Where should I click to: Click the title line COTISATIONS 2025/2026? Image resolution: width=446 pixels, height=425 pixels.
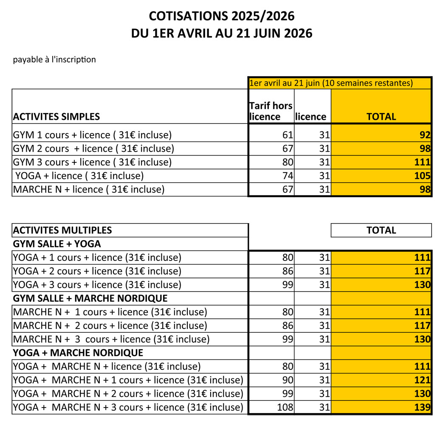(x=222, y=16)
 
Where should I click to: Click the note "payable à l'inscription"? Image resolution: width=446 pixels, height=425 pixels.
(x=54, y=59)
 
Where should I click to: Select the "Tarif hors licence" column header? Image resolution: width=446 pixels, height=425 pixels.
(x=271, y=111)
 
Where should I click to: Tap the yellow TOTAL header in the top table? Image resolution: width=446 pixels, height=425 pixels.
(x=381, y=116)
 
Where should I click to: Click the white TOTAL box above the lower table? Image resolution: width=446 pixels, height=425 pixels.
(x=381, y=230)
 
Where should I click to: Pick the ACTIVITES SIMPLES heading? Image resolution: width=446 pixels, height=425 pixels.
(x=56, y=116)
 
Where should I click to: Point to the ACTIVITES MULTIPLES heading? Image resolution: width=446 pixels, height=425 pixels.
(x=62, y=230)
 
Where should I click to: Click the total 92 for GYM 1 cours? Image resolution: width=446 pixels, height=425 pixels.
(x=425, y=135)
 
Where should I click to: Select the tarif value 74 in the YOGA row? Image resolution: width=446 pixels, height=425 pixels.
(x=288, y=176)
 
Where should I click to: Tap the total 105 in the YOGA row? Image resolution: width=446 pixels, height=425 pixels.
(x=423, y=176)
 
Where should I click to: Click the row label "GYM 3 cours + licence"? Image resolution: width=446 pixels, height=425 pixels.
(x=92, y=162)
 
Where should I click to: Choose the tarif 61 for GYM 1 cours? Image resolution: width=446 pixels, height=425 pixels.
(x=288, y=135)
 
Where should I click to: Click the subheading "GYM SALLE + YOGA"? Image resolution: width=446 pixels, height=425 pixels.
(x=57, y=244)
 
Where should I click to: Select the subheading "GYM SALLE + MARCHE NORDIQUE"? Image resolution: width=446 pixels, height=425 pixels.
(x=90, y=298)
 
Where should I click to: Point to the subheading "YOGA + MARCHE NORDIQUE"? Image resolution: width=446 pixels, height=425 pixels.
(x=78, y=353)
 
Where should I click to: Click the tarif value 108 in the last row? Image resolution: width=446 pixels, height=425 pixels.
(x=285, y=407)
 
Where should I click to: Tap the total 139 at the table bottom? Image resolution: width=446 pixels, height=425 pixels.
(x=423, y=407)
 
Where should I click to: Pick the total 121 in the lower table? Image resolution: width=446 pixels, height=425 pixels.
(x=423, y=380)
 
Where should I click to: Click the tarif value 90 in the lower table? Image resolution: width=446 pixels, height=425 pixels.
(x=288, y=380)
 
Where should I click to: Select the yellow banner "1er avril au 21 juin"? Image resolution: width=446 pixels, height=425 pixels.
(x=331, y=83)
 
